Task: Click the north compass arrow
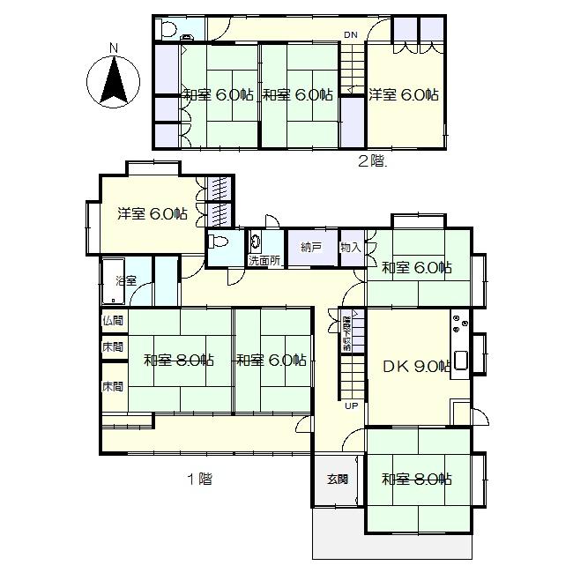[114, 78]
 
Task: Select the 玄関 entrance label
[337, 479]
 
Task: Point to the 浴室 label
[126, 281]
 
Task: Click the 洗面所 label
[264, 261]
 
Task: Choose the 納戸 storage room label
[310, 248]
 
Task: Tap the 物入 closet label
[350, 248]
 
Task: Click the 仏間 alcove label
[113, 321]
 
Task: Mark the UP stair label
[351, 406]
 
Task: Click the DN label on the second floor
[351, 35]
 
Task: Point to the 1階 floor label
[199, 480]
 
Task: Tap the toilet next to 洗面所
[220, 241]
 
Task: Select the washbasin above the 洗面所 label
[256, 240]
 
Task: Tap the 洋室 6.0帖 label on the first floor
[152, 213]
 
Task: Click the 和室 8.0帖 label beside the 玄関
[416, 480]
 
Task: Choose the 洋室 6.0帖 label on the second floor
[403, 94]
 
